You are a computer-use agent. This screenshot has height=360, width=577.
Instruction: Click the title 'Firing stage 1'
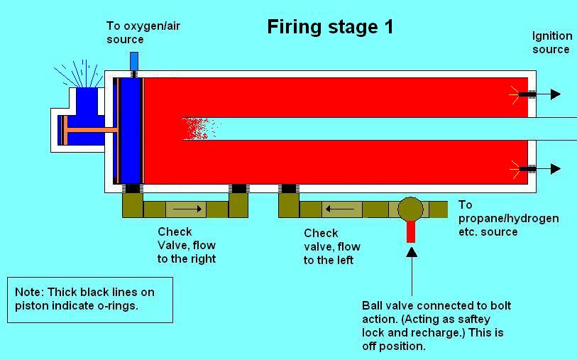click(330, 27)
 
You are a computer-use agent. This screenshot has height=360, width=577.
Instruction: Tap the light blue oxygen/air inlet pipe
click(134, 61)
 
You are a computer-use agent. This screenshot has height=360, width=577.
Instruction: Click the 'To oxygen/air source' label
click(143, 33)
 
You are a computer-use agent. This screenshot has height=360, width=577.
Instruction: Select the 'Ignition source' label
click(552, 43)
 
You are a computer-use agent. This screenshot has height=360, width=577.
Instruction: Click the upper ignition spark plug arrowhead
click(556, 94)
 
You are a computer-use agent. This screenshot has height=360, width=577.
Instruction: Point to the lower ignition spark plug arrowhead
click(556, 169)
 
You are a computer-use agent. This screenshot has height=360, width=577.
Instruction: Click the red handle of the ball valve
click(411, 231)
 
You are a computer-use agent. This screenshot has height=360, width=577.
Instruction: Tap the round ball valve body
click(411, 209)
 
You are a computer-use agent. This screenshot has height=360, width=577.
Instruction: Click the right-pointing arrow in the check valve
click(187, 209)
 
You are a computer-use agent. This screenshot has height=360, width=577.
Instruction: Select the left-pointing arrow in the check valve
click(340, 209)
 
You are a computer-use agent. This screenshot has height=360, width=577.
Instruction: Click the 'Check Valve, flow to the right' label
click(187, 245)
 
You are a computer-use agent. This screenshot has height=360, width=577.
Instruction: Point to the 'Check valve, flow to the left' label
click(332, 246)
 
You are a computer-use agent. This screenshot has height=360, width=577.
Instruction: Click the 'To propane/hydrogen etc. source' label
click(509, 218)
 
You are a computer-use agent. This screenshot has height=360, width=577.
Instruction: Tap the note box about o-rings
click(90, 300)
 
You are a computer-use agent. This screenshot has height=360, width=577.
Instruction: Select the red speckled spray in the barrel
click(200, 129)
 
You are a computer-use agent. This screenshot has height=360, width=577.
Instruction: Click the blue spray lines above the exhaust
click(79, 73)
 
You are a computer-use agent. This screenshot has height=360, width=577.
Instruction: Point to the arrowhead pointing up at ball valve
click(412, 252)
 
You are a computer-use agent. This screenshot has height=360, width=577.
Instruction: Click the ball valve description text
click(436, 326)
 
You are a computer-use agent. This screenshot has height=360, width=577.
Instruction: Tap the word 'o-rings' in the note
click(117, 306)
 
